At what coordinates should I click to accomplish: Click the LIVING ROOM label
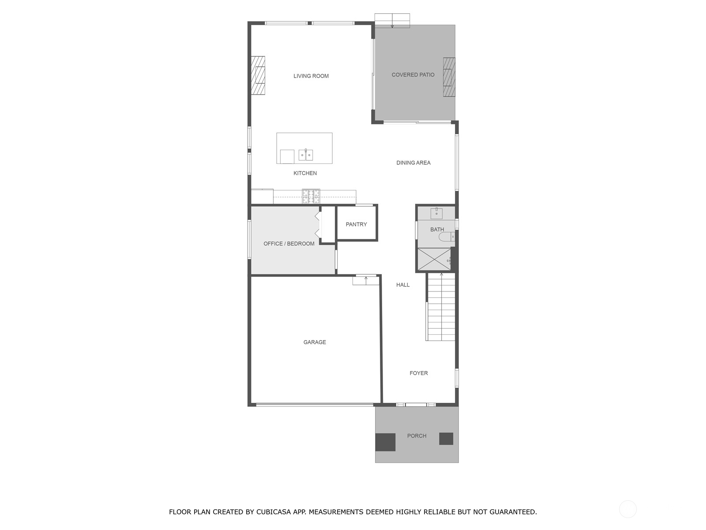pyautogui.click(x=311, y=76)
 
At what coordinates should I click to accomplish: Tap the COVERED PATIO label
pyautogui.click(x=413, y=75)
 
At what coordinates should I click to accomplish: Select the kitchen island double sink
pyautogui.click(x=305, y=155)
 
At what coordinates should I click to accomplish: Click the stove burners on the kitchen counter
pyautogui.click(x=311, y=196)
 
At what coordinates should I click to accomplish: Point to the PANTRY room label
pyautogui.click(x=356, y=224)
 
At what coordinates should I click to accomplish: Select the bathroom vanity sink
pyautogui.click(x=436, y=213)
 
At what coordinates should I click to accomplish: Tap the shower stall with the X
pyautogui.click(x=434, y=259)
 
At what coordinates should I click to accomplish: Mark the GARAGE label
pyautogui.click(x=315, y=342)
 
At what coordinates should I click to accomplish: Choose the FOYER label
pyautogui.click(x=418, y=373)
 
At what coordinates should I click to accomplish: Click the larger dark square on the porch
pyautogui.click(x=385, y=442)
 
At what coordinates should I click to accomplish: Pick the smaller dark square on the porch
pyautogui.click(x=446, y=439)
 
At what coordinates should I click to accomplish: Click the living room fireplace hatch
pyautogui.click(x=258, y=76)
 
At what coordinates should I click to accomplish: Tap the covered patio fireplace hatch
pyautogui.click(x=449, y=77)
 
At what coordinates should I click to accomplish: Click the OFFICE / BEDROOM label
pyautogui.click(x=289, y=244)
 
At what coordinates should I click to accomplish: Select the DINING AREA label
pyautogui.click(x=413, y=163)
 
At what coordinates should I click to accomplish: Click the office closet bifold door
pyautogui.click(x=317, y=224)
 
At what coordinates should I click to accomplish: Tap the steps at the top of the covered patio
pyautogui.click(x=392, y=20)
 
